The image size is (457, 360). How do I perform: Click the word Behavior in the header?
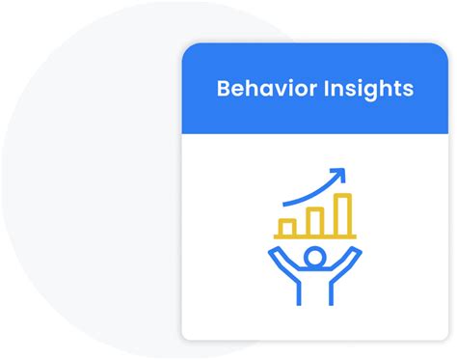point(262,90)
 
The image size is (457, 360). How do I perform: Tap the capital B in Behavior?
point(224,90)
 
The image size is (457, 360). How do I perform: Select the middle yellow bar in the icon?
point(314,219)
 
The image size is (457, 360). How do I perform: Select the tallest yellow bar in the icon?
point(342,212)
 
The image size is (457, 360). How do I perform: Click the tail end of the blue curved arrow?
point(284,202)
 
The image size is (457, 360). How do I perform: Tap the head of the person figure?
point(314,258)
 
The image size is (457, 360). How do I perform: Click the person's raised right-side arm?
point(351,264)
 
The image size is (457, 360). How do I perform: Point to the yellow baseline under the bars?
point(314,236)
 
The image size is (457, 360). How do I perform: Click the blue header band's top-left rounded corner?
point(188,49)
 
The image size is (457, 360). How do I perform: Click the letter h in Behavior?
point(252,90)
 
